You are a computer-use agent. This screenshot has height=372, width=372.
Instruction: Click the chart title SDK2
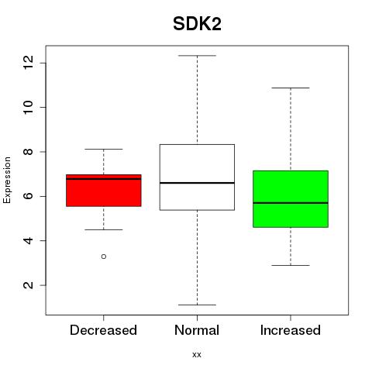coord(197,24)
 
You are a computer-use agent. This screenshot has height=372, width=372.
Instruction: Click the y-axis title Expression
coord(7,180)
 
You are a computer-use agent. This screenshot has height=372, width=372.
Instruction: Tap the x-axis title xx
coord(197,354)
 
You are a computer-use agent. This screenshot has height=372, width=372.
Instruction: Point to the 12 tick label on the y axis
coord(28,63)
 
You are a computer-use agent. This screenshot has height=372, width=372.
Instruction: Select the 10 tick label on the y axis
coord(28,107)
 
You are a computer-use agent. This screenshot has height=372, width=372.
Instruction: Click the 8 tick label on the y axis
coord(28,152)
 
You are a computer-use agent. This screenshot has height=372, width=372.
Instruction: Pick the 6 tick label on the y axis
coord(28,196)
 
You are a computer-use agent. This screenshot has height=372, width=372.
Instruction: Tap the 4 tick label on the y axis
coord(28,240)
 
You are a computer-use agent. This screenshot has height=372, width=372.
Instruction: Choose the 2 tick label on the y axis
coord(28,285)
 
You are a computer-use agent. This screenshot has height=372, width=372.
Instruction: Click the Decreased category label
coord(103,330)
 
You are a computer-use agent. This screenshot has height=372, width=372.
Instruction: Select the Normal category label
coord(197,330)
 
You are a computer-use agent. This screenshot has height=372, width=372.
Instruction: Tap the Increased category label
coord(291,330)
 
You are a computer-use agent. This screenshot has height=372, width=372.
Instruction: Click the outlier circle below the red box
coord(104,257)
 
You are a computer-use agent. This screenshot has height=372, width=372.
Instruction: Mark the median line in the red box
coord(104,178)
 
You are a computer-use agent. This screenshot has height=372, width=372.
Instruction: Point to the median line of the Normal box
coord(197,183)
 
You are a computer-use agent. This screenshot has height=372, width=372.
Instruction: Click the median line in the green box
coord(291,203)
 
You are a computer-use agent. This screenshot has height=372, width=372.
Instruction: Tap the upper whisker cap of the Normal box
coord(197,56)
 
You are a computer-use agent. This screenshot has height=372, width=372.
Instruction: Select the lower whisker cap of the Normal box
coord(197,305)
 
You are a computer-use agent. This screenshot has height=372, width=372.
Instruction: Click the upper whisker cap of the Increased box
coord(291,88)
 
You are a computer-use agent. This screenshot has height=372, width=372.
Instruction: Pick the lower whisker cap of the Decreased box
coord(104,229)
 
